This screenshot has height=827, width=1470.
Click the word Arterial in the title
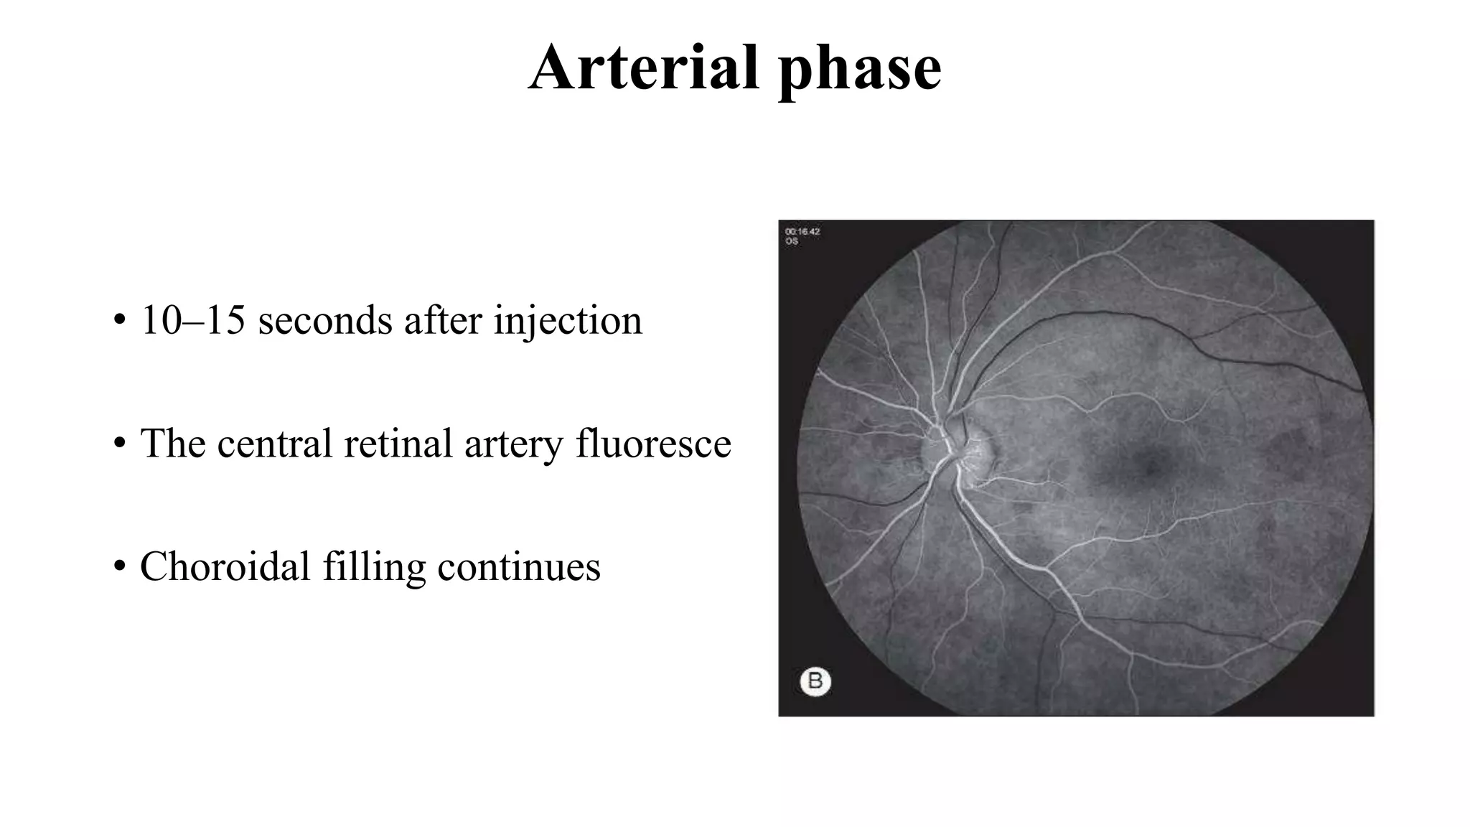(643, 67)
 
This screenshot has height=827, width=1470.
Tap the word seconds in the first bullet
(325, 320)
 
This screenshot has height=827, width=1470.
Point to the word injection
(567, 322)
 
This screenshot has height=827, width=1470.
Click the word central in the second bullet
(274, 443)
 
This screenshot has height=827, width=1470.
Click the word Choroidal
(225, 566)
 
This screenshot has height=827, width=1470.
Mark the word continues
(518, 566)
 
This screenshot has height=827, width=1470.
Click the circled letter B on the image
(815, 681)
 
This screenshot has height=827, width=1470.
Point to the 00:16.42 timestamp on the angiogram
(802, 232)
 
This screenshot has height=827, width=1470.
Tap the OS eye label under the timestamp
(791, 242)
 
